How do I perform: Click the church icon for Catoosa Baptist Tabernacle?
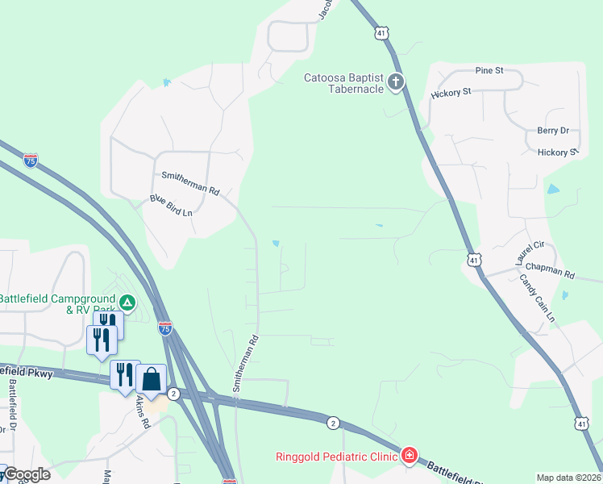pos(395,81)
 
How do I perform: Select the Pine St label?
pos(489,70)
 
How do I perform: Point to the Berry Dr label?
pos(553,130)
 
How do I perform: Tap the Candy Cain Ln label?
pos(537,298)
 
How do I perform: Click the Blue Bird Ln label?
pos(171,205)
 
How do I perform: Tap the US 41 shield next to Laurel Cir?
pos(474,260)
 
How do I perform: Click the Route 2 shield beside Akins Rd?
pos(173,393)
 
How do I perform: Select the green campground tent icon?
pos(127,303)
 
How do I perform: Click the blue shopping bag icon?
pos(152,378)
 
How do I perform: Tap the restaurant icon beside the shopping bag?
pos(125,375)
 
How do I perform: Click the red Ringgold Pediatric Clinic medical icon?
pos(410,457)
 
